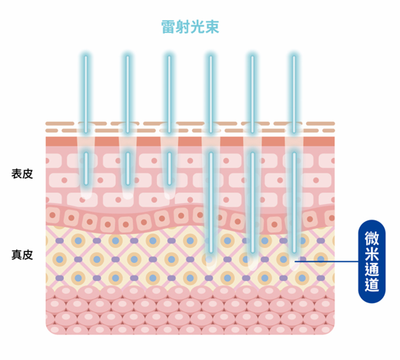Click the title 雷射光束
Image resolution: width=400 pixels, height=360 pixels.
tap(190, 27)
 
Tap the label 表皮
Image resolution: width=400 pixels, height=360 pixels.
tap(22, 174)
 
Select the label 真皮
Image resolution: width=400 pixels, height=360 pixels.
tap(22, 255)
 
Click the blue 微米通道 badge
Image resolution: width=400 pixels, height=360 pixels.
tap(372, 262)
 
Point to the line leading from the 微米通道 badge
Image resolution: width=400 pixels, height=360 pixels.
tap(327, 261)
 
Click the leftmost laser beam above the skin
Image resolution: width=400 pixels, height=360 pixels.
tap(86, 94)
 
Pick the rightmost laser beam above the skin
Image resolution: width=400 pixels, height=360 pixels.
tap(294, 94)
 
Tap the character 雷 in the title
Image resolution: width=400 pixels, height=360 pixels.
tap(168, 27)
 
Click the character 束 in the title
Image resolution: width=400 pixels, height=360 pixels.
tap(212, 27)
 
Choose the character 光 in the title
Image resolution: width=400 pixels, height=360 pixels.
tap(198, 27)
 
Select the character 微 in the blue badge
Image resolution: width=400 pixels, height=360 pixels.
tap(372, 238)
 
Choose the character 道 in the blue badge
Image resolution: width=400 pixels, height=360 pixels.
tap(372, 284)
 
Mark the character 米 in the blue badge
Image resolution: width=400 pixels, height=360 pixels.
tap(372, 253)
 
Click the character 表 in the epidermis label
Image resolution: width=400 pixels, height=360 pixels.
tap(17, 174)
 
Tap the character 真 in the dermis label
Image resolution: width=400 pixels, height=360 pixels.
tap(17, 255)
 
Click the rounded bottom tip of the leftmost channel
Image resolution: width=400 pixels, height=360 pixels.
tap(86, 197)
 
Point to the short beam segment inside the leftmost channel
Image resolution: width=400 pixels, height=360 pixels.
tap(86, 169)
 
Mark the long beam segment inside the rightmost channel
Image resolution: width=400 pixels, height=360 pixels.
tap(294, 203)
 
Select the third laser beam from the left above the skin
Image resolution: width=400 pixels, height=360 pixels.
tap(169, 94)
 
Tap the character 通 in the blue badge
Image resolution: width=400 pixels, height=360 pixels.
tap(372, 269)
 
